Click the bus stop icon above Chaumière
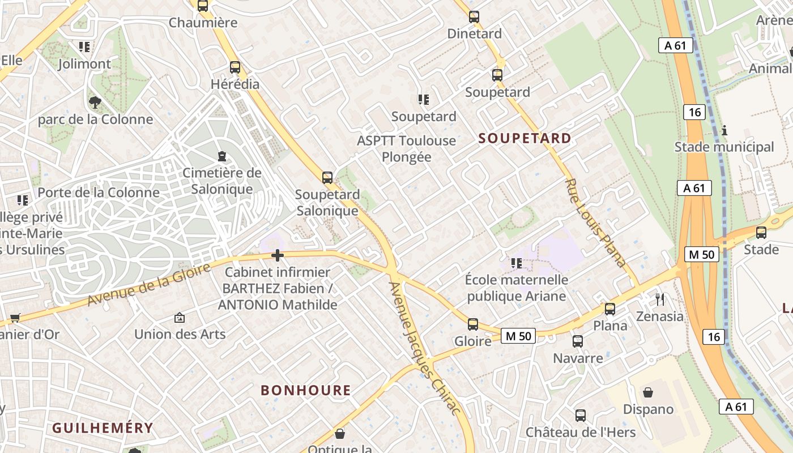click(x=203, y=6)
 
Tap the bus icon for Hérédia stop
click(x=235, y=67)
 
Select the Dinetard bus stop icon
click(x=474, y=17)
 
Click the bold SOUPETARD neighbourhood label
click(x=525, y=138)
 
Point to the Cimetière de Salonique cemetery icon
click(x=222, y=156)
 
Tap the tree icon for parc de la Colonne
click(x=95, y=102)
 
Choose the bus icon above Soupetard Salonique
click(x=327, y=177)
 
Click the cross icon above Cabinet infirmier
click(x=278, y=255)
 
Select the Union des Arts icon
click(x=180, y=318)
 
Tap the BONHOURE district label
click(x=306, y=390)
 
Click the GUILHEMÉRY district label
click(x=103, y=428)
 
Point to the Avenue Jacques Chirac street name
click(x=425, y=348)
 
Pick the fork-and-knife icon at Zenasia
click(x=659, y=299)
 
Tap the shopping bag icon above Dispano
click(x=648, y=392)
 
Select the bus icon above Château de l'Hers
click(x=581, y=415)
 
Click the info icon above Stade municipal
click(x=724, y=130)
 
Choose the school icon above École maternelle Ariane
click(x=516, y=263)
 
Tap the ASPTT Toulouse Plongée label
click(x=406, y=148)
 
